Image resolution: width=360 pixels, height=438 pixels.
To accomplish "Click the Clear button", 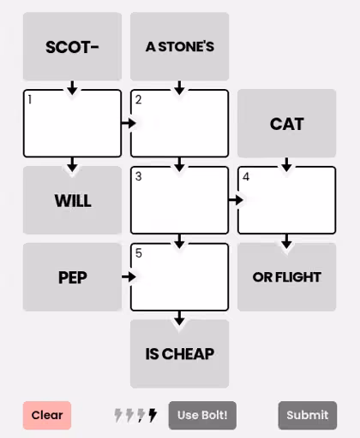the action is coord(47,415).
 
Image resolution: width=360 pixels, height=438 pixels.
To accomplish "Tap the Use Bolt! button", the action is coord(202,415).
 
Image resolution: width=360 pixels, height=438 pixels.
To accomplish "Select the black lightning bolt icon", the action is coord(153,415).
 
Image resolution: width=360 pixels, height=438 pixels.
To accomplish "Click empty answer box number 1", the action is coord(72,123).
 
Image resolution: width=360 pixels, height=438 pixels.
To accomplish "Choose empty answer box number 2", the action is coord(179,123).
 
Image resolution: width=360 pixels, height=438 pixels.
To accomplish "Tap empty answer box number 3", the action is coord(179,200).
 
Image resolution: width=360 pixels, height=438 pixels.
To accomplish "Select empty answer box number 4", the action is coord(286,200).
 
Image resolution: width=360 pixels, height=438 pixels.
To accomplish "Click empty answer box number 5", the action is coord(179,277).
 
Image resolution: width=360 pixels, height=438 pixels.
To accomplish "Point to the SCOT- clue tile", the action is coord(72,46).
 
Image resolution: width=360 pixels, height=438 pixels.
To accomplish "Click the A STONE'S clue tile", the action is coord(179,46).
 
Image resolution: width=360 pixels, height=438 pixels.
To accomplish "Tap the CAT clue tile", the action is coord(286,123).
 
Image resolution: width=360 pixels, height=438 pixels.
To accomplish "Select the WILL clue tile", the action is coord(72,200).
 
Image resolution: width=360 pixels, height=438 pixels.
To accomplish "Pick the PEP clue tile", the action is coord(72,277).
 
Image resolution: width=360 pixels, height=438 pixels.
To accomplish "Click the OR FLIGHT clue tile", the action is coord(286,277).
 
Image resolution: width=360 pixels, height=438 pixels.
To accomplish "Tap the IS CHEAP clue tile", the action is coord(179,354).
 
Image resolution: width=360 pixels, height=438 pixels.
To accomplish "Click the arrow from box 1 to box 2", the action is coord(129,123).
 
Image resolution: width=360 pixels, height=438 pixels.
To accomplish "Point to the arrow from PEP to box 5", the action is coord(129,276).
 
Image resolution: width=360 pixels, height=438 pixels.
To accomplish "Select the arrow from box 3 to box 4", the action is coord(236,200).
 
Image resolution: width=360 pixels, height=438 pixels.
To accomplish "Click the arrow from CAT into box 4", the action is coord(286,164).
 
